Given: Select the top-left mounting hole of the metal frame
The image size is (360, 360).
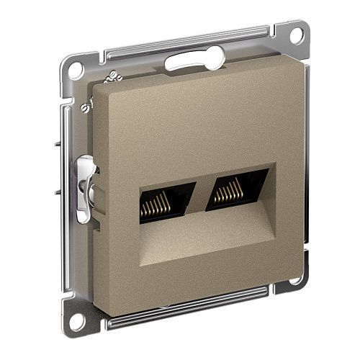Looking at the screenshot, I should [75, 70].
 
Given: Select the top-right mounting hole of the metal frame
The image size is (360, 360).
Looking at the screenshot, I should [295, 35].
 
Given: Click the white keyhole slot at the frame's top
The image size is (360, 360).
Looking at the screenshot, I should [189, 61].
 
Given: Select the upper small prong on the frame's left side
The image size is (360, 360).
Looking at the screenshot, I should [56, 143].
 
